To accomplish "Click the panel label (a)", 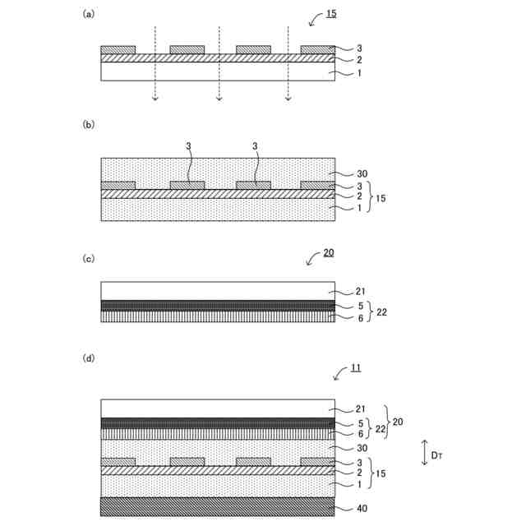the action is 88,13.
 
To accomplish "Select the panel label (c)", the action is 88,259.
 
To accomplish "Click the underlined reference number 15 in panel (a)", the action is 330,13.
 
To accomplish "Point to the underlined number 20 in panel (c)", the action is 328,253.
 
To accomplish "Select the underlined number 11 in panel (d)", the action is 355,368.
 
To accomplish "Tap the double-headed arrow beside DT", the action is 424,453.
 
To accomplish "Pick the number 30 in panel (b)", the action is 362,174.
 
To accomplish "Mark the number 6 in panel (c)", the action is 359,317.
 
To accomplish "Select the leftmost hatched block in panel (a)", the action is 118,50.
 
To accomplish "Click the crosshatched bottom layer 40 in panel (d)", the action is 217,506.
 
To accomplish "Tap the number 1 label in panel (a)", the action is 359,73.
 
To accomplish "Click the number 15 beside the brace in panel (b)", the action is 381,197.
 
